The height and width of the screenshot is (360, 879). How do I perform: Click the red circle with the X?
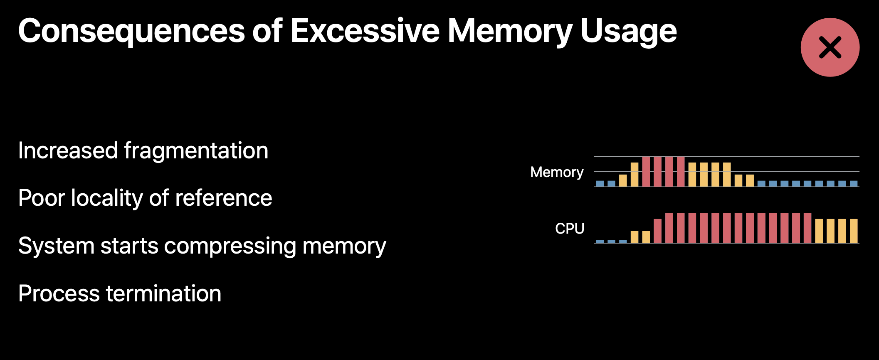(x=830, y=47)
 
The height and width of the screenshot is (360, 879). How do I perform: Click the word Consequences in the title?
(x=132, y=31)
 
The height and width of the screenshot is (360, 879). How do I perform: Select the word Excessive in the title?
(x=365, y=31)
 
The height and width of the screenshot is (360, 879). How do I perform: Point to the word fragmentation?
(x=196, y=150)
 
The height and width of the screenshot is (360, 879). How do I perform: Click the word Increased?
(x=68, y=150)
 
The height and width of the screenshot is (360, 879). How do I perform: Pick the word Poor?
(x=42, y=198)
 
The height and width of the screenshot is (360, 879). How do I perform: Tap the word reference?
(x=224, y=198)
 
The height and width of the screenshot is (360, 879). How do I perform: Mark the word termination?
(x=164, y=293)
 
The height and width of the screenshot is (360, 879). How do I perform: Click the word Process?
(x=59, y=293)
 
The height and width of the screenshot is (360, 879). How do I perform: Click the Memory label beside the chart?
(x=557, y=173)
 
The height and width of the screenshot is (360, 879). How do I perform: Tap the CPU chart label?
(x=570, y=229)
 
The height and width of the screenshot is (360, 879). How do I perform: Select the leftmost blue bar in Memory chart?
(x=600, y=183)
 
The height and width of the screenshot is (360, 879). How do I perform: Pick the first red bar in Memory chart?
(x=646, y=172)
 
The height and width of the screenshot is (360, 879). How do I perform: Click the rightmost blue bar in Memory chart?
(x=854, y=183)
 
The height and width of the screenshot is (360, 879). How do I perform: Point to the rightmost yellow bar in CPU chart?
(x=854, y=231)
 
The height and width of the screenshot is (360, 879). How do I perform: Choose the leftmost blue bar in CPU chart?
(x=600, y=242)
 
